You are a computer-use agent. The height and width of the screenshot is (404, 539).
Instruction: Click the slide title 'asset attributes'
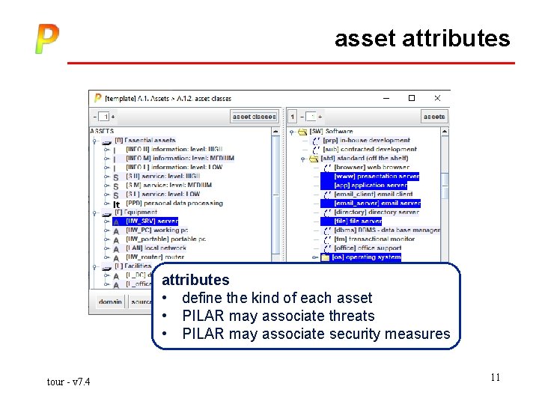(x=421, y=38)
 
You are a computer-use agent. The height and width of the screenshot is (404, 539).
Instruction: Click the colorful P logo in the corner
(x=46, y=39)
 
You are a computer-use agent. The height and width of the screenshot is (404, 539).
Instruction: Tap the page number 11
(x=495, y=378)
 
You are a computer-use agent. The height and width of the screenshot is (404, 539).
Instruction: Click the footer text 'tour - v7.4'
(x=68, y=382)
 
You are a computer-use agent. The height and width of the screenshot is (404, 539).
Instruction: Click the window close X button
(x=438, y=97)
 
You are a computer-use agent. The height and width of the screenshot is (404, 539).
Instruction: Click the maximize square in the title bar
(x=411, y=97)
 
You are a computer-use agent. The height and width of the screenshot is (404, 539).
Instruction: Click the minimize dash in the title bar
(x=385, y=97)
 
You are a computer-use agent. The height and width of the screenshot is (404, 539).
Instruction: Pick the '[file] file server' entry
(x=358, y=221)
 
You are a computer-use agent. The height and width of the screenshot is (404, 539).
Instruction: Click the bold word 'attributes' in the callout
(x=195, y=280)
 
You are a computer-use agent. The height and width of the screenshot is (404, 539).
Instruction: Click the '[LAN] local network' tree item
(x=156, y=248)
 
